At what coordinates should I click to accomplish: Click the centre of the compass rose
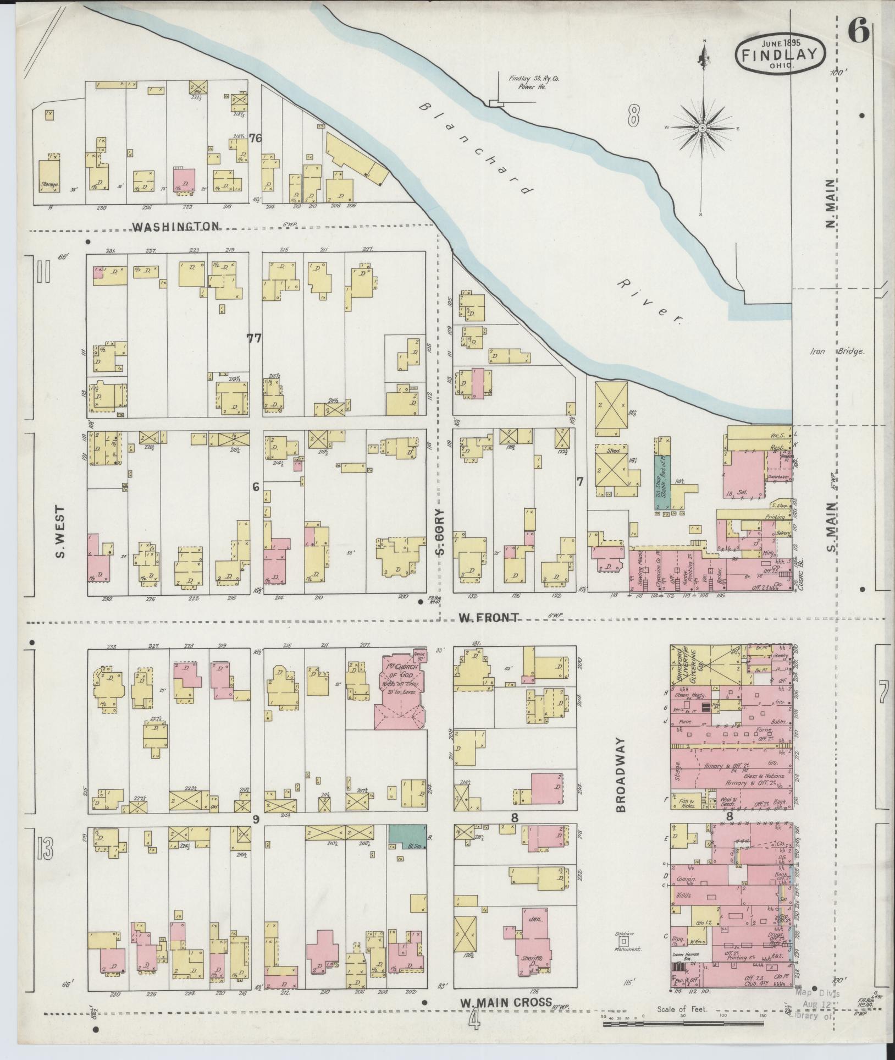pyautogui.click(x=703, y=128)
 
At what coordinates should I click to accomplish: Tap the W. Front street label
pyautogui.click(x=489, y=618)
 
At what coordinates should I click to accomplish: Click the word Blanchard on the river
pyautogui.click(x=477, y=149)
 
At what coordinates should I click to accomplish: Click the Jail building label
pyautogui.click(x=532, y=930)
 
